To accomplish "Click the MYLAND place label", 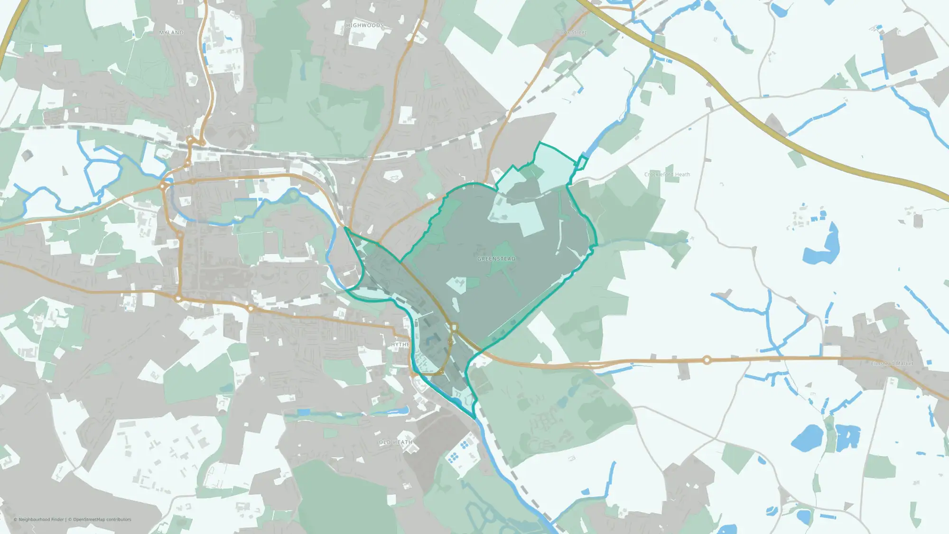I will coord(171,33).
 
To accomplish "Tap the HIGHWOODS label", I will coord(365,26).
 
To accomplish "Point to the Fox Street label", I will coord(574,33).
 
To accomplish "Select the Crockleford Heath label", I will coord(667,175).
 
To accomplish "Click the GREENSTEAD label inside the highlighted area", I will coord(496,259).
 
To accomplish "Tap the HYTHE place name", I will coord(400,345).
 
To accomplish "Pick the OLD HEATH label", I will coord(395,442).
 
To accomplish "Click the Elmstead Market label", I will coord(892,364).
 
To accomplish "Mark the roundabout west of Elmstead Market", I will coord(707,360).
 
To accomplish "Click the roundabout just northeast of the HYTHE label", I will coord(454,327).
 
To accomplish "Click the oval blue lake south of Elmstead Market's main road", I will coord(807,438).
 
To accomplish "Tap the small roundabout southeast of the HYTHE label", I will coord(442,373).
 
